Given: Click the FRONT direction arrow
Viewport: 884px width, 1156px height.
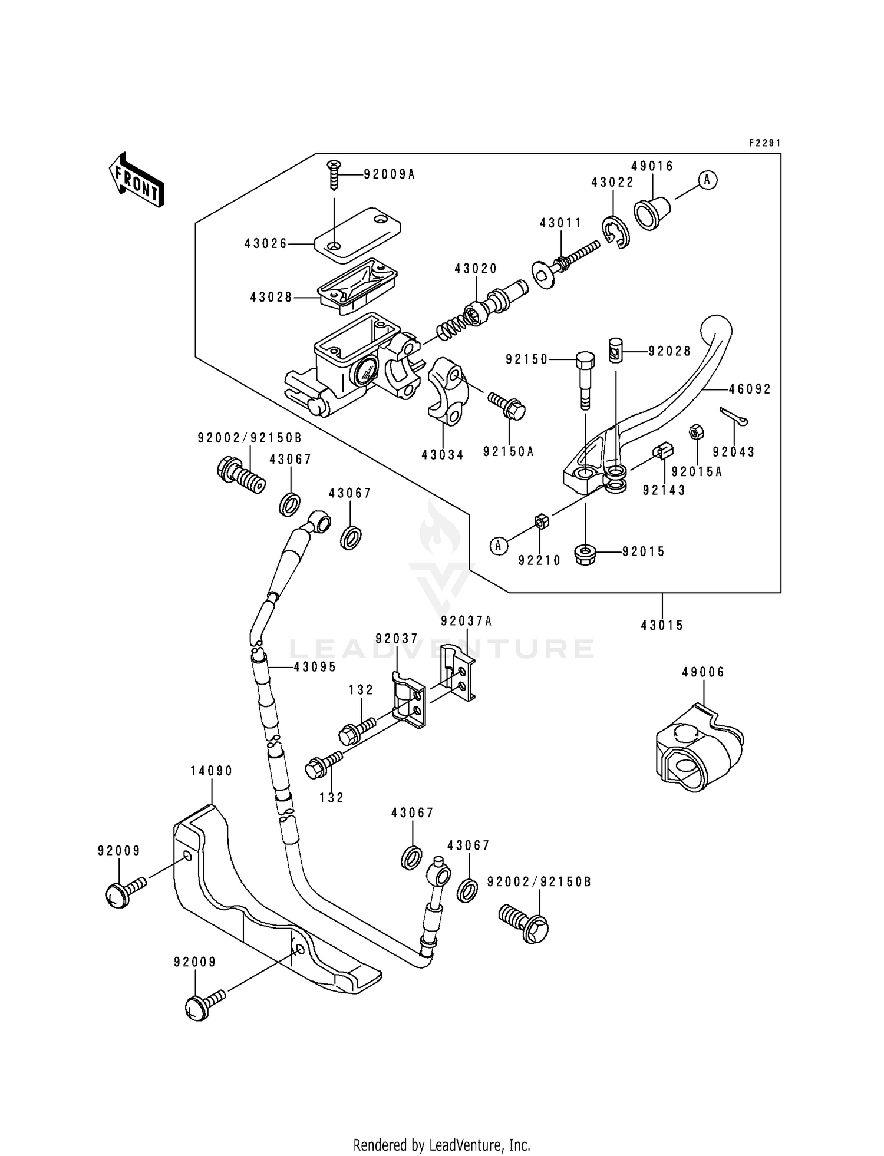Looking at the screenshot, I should coord(136,180).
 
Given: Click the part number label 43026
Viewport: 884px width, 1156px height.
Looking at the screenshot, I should coord(266,243).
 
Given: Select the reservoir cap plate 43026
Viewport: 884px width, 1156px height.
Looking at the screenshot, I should coord(358,233).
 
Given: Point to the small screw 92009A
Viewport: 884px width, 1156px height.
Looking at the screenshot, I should coord(334,175).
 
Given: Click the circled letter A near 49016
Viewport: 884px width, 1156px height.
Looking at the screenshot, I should coord(708,180).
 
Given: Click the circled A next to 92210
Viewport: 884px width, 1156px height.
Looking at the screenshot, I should coord(499,546).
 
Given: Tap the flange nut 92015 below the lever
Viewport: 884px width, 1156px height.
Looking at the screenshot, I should coord(585,554).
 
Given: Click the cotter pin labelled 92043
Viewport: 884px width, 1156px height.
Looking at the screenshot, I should coord(734,416).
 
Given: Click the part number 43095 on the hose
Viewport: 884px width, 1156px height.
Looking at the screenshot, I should coord(315,666).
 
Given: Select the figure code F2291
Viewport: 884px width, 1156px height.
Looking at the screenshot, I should coord(764,143).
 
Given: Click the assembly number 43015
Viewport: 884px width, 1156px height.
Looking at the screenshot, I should coord(662,625).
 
